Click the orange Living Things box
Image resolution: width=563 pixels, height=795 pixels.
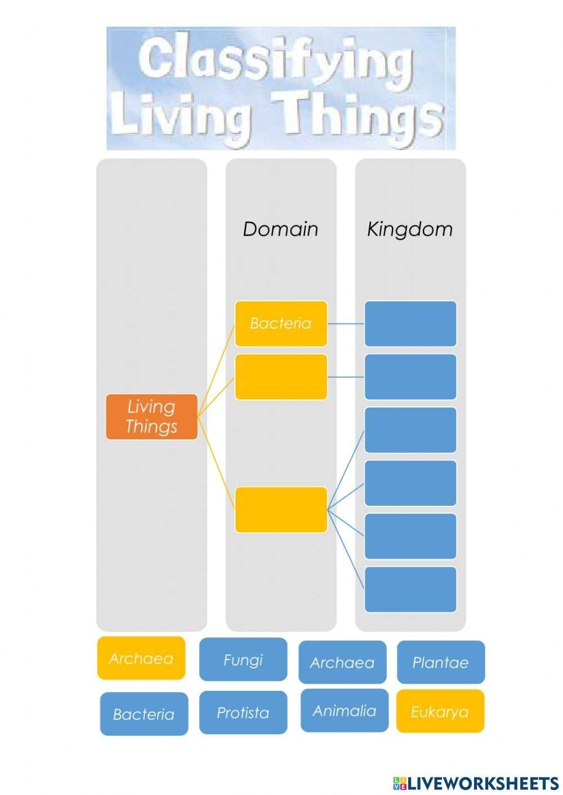pos(151,417)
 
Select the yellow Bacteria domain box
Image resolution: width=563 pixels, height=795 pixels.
pos(281,324)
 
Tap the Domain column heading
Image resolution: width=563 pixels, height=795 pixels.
pos(280,229)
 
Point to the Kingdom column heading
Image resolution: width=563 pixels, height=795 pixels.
pos(410,229)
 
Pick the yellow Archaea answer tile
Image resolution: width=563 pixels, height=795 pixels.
pos(141,658)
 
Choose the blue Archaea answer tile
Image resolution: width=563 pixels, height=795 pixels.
pos(342,662)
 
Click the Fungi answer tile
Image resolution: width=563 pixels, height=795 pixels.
pos(243,659)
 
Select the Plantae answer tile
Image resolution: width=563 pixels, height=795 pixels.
pos(440,662)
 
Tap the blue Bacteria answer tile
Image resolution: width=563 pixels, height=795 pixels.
pos(144,714)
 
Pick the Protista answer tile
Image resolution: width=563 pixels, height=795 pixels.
pos(243,712)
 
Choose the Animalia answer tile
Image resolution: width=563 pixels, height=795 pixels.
pos(344,711)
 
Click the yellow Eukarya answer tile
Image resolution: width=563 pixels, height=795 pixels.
pos(440,711)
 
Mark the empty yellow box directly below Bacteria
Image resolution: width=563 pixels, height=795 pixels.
pos(281,377)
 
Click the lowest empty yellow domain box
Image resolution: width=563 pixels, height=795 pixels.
pos(281,510)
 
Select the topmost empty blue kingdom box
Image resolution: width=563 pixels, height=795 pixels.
pos(410,324)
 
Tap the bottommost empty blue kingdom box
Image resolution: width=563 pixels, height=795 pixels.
pos(410,589)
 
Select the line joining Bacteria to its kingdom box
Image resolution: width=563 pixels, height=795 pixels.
pos(346,324)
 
